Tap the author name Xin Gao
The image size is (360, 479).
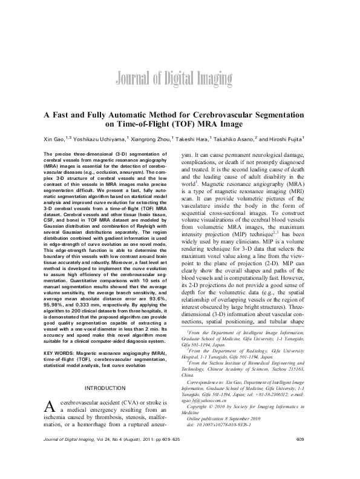[x=51, y=139]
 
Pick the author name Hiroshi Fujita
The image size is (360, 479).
[x=284, y=139]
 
